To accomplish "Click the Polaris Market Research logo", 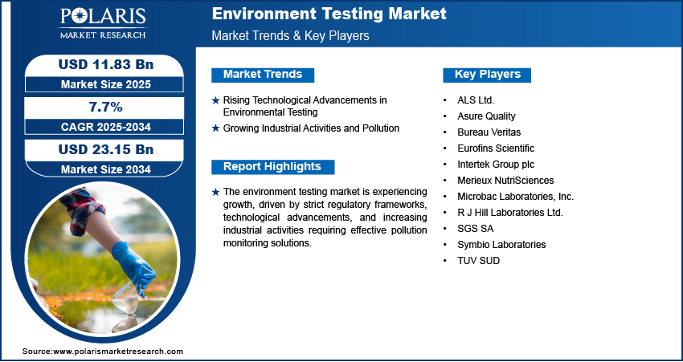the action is pyautogui.click(x=103, y=23).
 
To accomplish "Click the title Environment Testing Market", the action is pyautogui.click(x=329, y=14).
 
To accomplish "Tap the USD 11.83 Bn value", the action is pyautogui.click(x=106, y=64).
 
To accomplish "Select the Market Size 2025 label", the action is pyautogui.click(x=106, y=84).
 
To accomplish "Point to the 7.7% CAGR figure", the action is pyautogui.click(x=106, y=107).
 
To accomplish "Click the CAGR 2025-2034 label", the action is pyautogui.click(x=106, y=127).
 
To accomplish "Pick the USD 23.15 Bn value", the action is pyautogui.click(x=106, y=149).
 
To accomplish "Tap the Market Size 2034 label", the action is pyautogui.click(x=106, y=169).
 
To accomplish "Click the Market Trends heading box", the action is pyautogui.click(x=263, y=75).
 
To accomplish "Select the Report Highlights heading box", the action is pyautogui.click(x=272, y=167).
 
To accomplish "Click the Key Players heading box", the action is pyautogui.click(x=487, y=75).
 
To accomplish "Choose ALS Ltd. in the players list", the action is pyautogui.click(x=476, y=100).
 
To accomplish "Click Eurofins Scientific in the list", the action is pyautogui.click(x=496, y=148).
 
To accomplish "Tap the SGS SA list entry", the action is pyautogui.click(x=475, y=229).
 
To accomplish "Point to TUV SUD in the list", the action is pyautogui.click(x=478, y=261).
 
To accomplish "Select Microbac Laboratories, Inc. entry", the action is pyautogui.click(x=515, y=197).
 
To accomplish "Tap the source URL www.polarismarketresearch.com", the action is pyautogui.click(x=118, y=352).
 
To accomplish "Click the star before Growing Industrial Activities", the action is pyautogui.click(x=215, y=128).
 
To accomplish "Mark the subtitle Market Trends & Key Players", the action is pyautogui.click(x=291, y=35).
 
